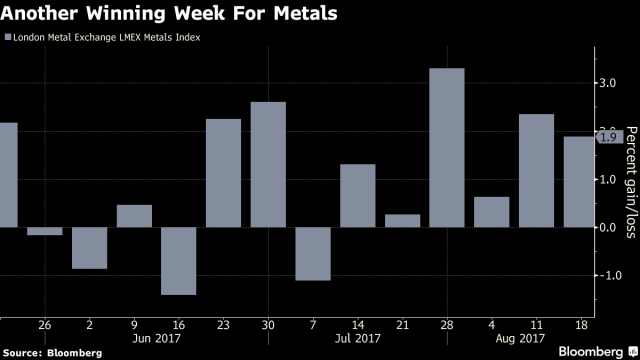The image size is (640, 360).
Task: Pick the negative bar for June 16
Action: point(179,261)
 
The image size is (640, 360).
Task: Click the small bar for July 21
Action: point(402,221)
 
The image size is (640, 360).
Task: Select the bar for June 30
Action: point(268,165)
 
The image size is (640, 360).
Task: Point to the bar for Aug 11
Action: point(536,171)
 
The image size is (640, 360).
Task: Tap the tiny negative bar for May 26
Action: point(45,231)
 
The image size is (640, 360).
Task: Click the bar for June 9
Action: point(134,216)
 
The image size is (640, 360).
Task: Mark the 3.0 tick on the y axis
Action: point(607,84)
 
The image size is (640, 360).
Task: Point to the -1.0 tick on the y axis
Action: point(606,275)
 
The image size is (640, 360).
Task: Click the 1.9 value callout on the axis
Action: point(608,137)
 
